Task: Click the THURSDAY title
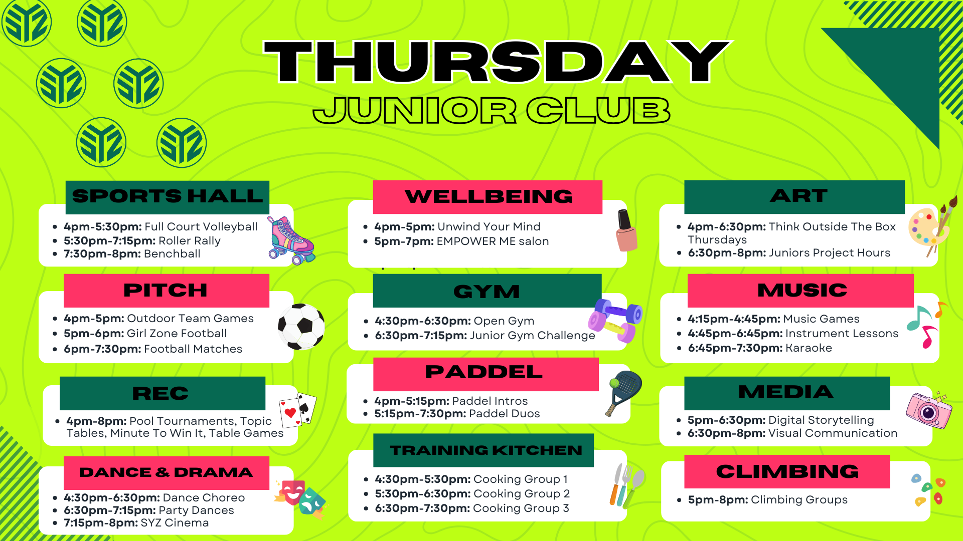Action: point(497,62)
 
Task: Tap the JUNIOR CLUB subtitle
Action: point(492,110)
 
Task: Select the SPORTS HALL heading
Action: point(168,196)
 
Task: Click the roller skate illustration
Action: point(290,240)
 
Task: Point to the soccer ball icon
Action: point(301,327)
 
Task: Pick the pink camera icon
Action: point(929,410)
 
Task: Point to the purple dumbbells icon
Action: point(615,320)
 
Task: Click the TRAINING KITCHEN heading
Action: point(486,450)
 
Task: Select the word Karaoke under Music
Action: point(809,348)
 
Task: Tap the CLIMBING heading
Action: point(787,471)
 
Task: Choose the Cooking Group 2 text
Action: point(522,494)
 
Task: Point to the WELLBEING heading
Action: point(489,196)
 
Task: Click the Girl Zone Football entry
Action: point(177,334)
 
